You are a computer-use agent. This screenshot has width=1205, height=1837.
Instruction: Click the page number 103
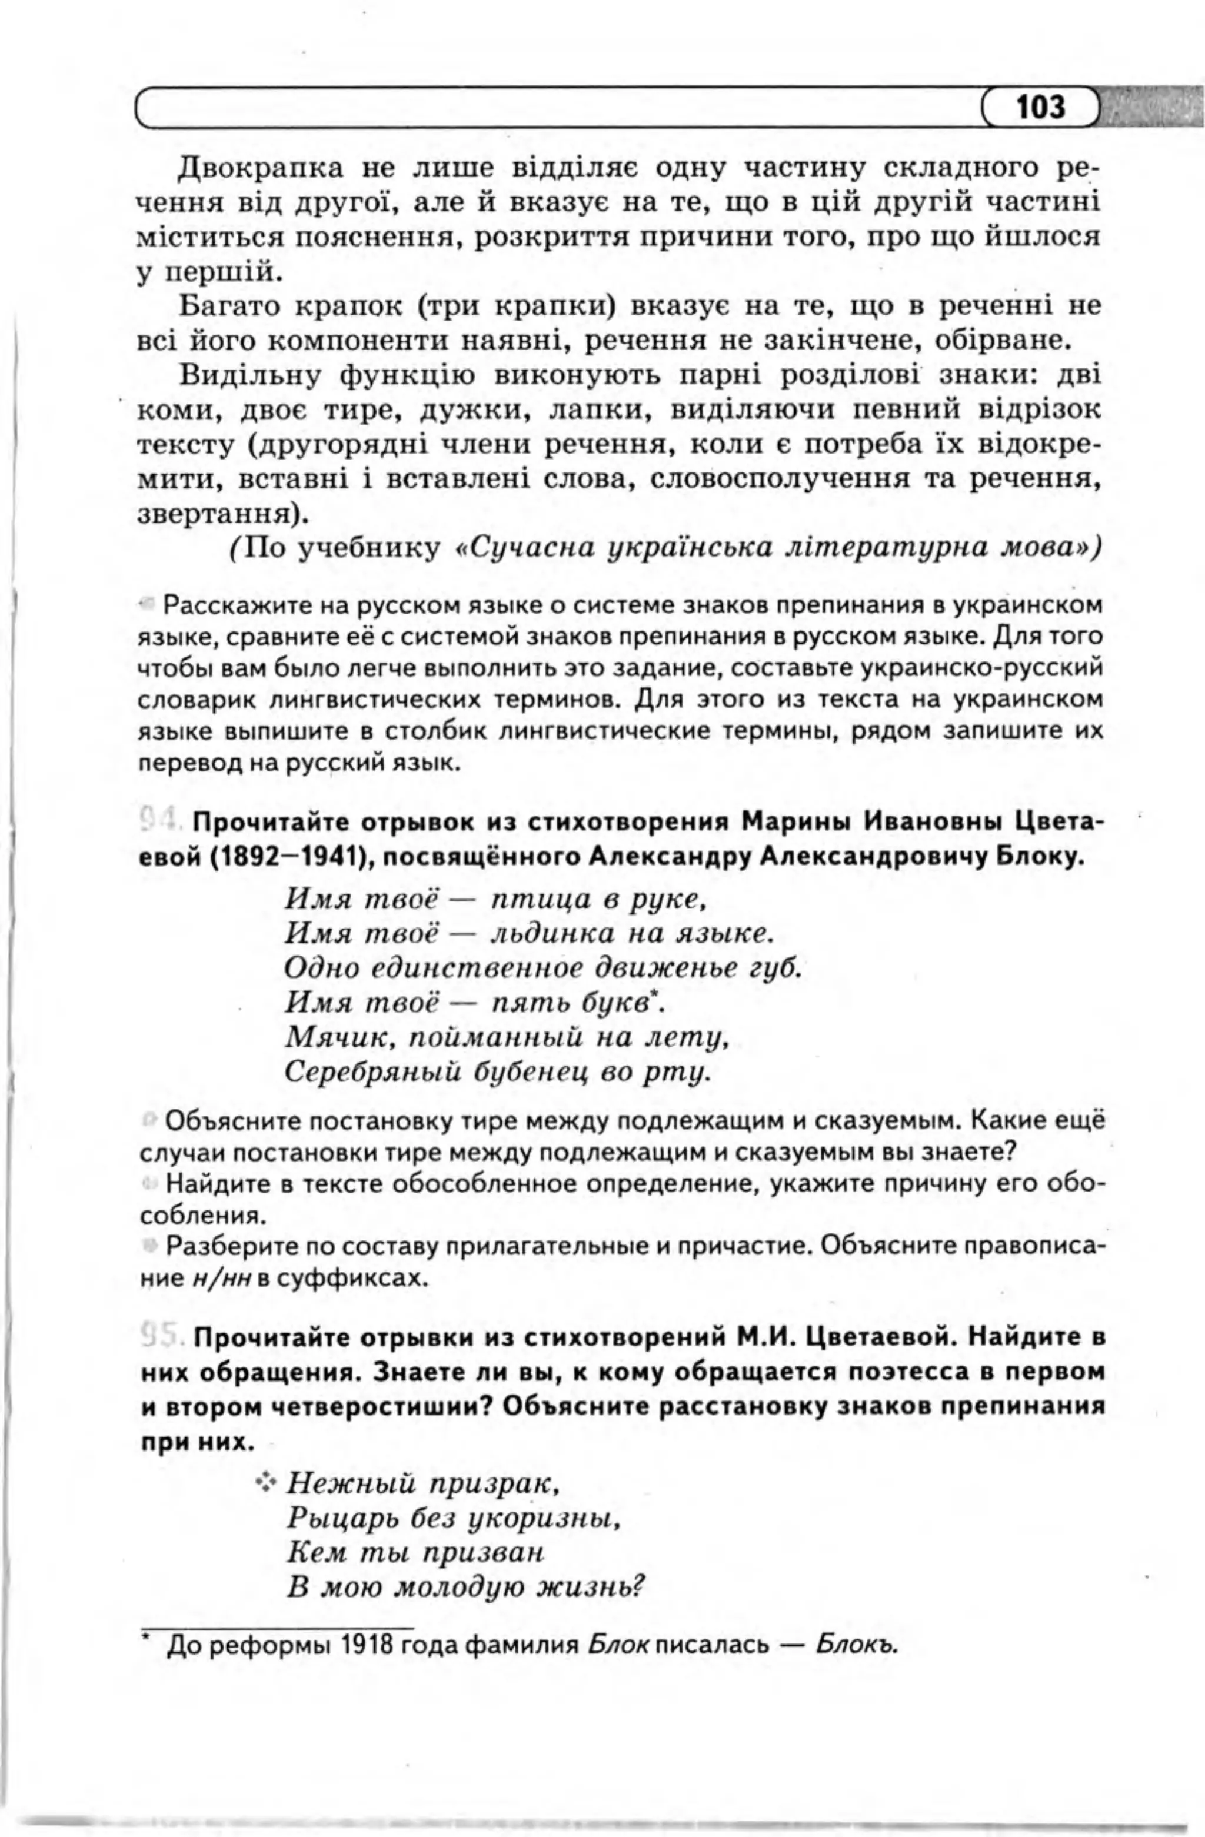pos(1040,107)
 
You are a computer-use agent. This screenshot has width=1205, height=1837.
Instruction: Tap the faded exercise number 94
pos(161,819)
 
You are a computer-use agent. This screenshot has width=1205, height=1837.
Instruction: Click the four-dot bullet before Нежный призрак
pos(267,1482)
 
